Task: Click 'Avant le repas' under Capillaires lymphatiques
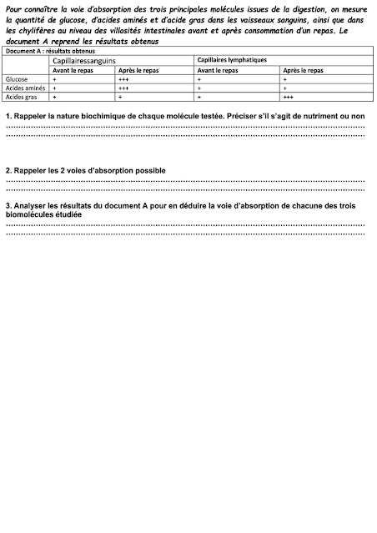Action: pyautogui.click(x=219, y=70)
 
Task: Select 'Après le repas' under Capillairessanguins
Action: pyautogui.click(x=139, y=70)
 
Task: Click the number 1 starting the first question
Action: pyautogui.click(x=8, y=114)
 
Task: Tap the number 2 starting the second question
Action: pyautogui.click(x=8, y=170)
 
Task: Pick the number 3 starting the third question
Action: pyautogui.click(x=8, y=204)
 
